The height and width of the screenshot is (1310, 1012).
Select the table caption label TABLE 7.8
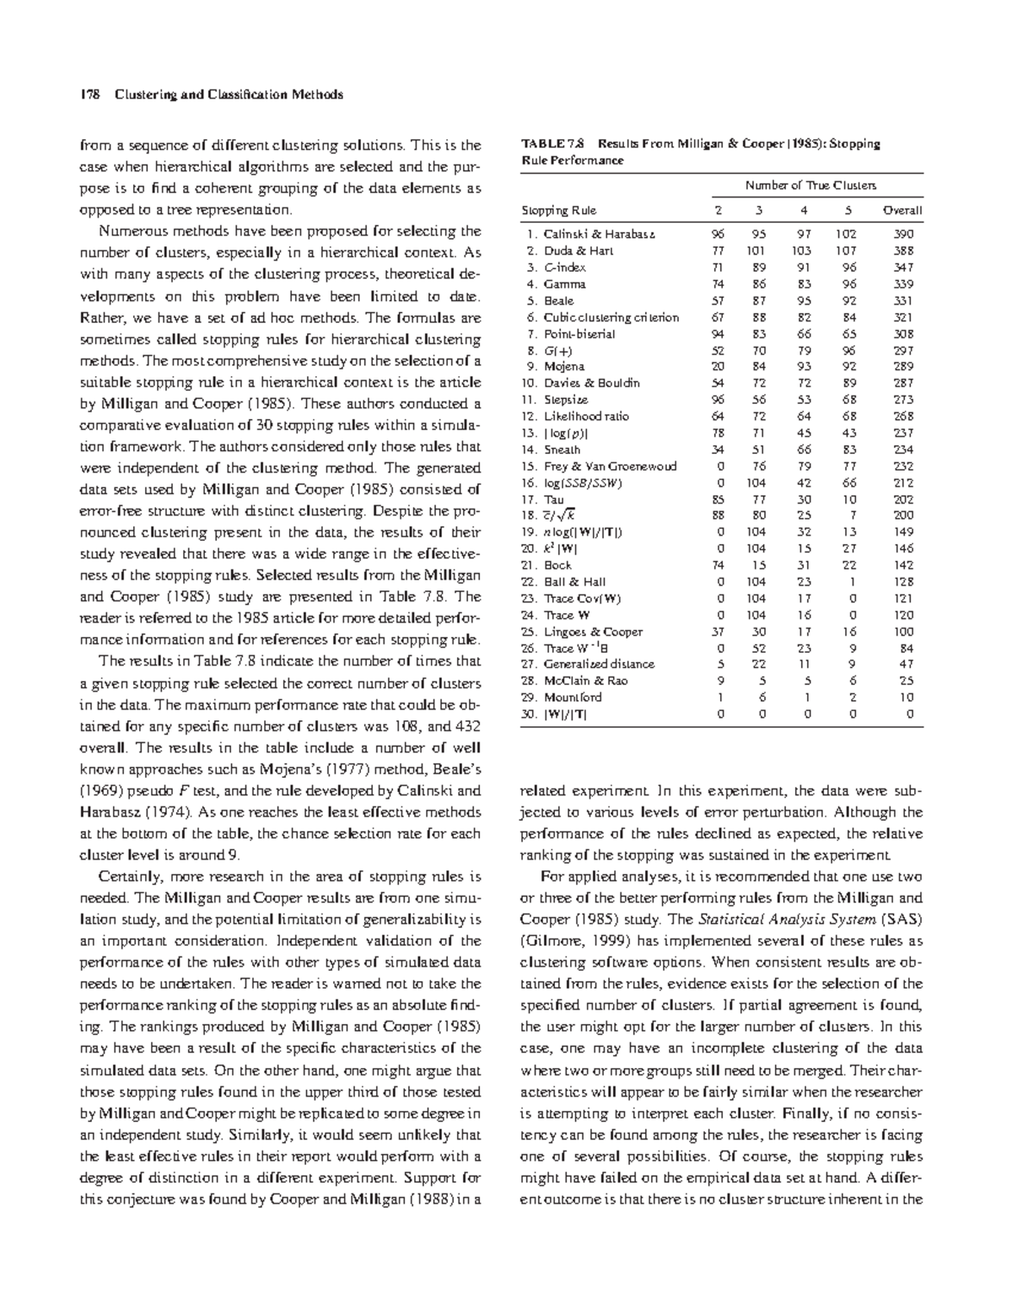(x=548, y=144)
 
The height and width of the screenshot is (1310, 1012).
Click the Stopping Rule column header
(x=558, y=210)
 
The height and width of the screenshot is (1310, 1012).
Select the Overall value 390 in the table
(x=903, y=235)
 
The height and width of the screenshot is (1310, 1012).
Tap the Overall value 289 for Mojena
(x=903, y=367)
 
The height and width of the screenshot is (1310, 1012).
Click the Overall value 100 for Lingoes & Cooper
(x=903, y=632)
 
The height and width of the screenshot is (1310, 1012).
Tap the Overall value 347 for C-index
(x=903, y=267)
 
